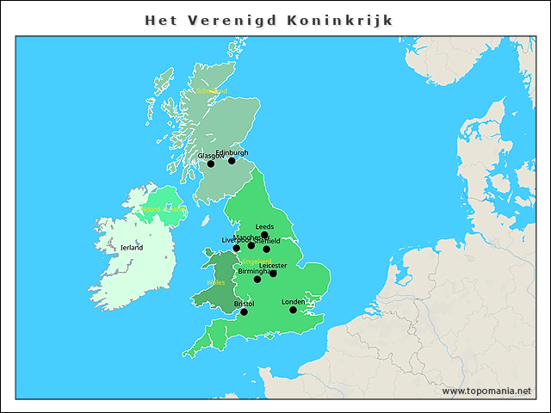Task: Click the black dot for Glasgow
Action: pos(211,163)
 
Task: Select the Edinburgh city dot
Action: pos(232,160)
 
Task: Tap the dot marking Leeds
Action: pos(265,235)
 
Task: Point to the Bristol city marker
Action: pos(244,311)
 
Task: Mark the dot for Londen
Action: pos(293,310)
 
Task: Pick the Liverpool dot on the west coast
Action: pos(237,248)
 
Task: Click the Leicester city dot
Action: pos(273,274)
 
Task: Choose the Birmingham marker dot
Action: pos(257,279)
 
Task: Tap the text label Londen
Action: pos(294,302)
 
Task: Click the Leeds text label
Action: pos(264,227)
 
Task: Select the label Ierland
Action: pos(132,247)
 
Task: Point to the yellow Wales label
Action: pos(215,281)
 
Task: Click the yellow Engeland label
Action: pos(257,262)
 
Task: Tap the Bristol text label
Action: pos(244,304)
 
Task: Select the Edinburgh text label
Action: pos(232,152)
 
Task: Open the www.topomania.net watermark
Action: pos(486,391)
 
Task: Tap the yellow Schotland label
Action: pos(212,89)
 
